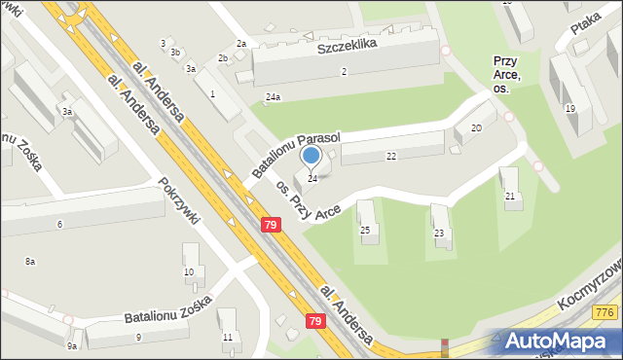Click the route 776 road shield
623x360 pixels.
pyautogui.click(x=605, y=311)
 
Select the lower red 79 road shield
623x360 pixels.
pyautogui.click(x=315, y=321)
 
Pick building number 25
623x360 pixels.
pyautogui.click(x=365, y=231)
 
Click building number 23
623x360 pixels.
pyautogui.click(x=439, y=234)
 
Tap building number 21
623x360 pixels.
pyautogui.click(x=509, y=197)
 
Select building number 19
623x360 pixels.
pyautogui.click(x=569, y=109)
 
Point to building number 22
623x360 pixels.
pyautogui.click(x=391, y=156)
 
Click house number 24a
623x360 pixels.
pyautogui.click(x=274, y=97)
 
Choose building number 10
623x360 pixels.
pyautogui.click(x=189, y=271)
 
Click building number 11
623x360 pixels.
pyautogui.click(x=227, y=337)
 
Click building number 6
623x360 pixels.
pyautogui.click(x=59, y=225)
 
